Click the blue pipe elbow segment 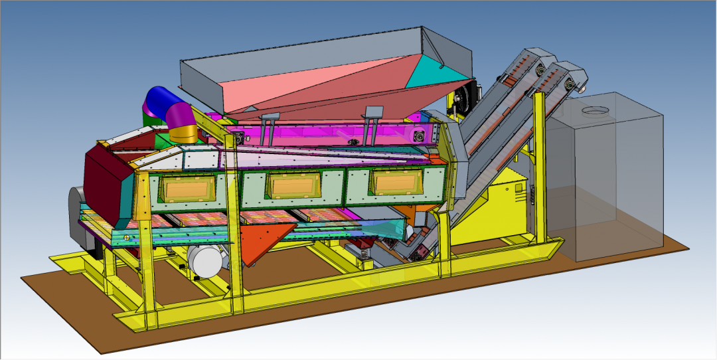click(x=158, y=100)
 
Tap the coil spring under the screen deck click(x=363, y=250)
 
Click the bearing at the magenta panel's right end click(x=420, y=135)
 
